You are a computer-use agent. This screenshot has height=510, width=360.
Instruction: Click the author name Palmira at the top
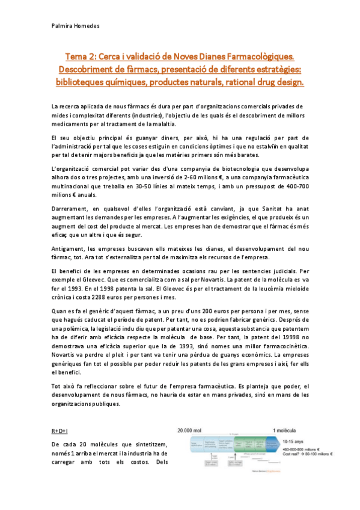(63, 26)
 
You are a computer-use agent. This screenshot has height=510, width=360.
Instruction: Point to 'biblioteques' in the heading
(85, 80)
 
